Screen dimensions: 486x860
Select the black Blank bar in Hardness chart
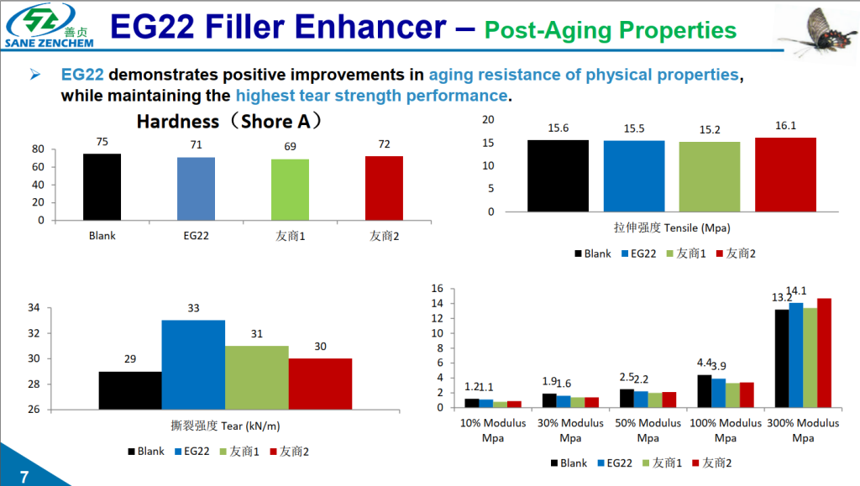[102, 187]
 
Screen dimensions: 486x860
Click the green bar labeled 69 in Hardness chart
[290, 190]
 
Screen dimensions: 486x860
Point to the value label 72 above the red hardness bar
[384, 144]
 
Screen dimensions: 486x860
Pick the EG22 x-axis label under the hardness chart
[196, 236]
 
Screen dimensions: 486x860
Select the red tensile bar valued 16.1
[785, 175]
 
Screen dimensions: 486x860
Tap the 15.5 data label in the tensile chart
[634, 128]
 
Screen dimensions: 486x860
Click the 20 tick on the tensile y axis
[488, 120]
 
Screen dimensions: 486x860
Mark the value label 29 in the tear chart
[130, 359]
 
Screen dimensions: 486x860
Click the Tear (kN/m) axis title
[213, 426]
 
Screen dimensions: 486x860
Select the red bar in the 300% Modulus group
[824, 353]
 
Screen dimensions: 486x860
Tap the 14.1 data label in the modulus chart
[795, 291]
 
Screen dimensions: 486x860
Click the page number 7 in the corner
[24, 478]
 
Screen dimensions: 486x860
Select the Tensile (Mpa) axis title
[669, 227]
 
